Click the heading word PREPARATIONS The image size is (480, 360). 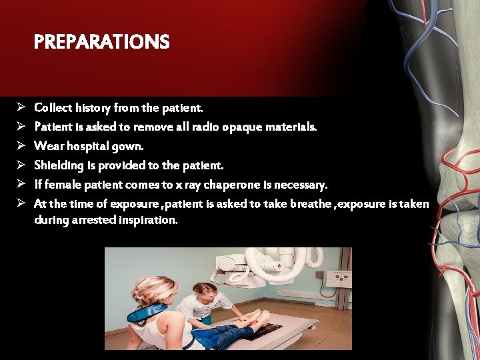pyautogui.click(x=102, y=43)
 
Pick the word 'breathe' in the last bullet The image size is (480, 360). pyautogui.click(x=307, y=203)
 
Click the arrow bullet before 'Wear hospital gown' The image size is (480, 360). pyautogui.click(x=21, y=145)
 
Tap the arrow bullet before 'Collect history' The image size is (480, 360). pyautogui.click(x=21, y=107)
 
